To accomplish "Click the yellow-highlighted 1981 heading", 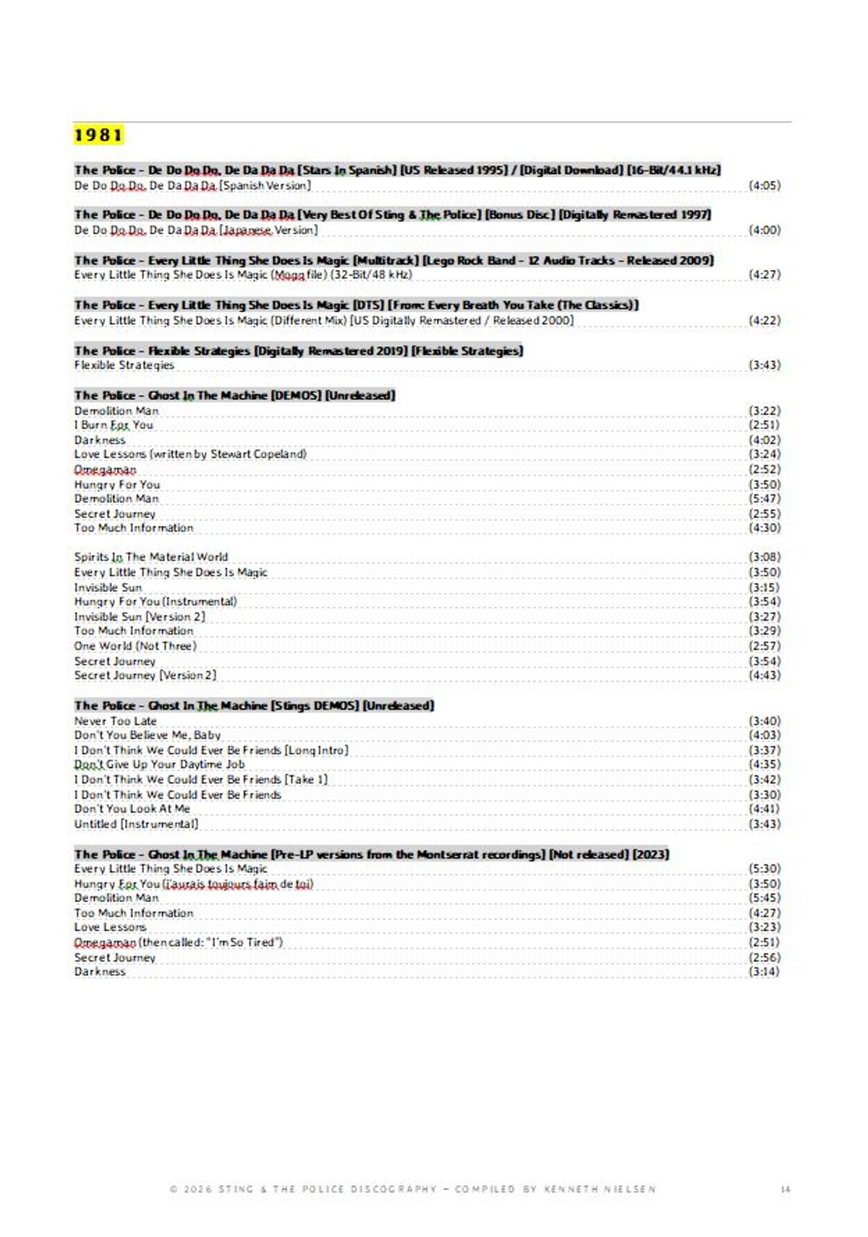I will [98, 135].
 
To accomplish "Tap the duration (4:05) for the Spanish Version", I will [765, 185].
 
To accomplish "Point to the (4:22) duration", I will [765, 320].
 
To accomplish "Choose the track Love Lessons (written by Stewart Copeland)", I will [190, 454].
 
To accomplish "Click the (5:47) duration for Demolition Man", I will [765, 498].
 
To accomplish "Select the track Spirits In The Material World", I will [150, 557].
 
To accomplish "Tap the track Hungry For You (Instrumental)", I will [156, 601].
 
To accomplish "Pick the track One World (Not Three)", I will [135, 645].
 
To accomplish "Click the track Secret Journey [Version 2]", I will [145, 675].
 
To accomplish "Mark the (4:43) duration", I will [765, 675].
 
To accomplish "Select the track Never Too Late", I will [115, 720].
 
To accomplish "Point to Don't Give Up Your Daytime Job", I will [159, 765].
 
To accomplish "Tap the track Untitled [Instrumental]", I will [136, 824].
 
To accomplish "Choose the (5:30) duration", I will [765, 868].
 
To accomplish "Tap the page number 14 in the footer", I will [786, 1189].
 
